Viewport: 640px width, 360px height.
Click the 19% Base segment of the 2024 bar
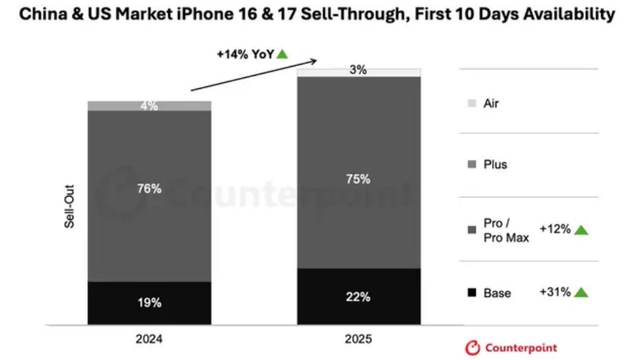pos(150,303)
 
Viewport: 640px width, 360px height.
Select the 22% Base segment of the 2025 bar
pos(358,297)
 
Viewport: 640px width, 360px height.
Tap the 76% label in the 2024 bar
pos(150,189)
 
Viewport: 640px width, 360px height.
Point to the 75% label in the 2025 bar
pos(358,179)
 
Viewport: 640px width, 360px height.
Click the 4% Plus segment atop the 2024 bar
pos(150,105)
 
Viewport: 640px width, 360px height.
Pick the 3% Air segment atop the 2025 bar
pos(358,71)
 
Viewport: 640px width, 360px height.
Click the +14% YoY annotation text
pos(245,55)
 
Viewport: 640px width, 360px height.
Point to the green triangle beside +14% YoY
pos(282,54)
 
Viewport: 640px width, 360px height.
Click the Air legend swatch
pos(471,104)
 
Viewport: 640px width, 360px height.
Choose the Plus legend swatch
pos(471,164)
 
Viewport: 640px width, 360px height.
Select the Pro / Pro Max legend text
pos(506,231)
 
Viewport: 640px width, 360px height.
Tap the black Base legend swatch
pos(471,292)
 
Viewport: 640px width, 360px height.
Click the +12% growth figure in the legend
pos(554,229)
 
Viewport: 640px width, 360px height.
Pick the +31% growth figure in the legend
pos(554,291)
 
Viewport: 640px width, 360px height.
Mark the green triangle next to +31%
pos(581,291)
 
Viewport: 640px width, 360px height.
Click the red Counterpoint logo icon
pos(472,347)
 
